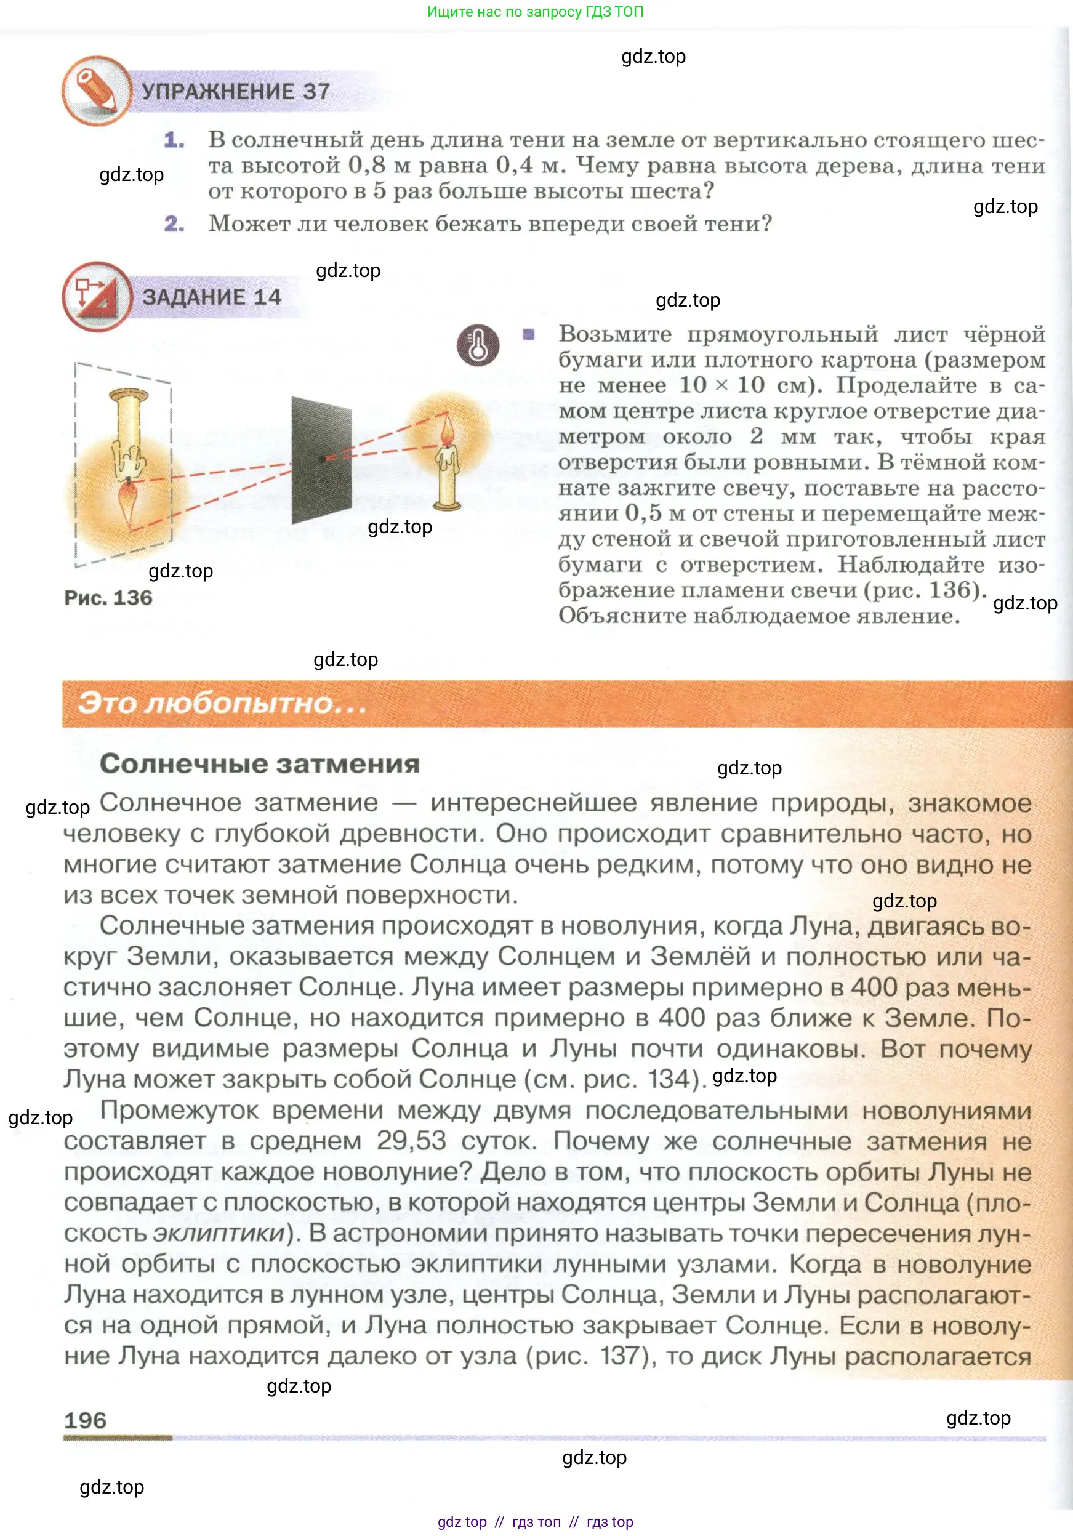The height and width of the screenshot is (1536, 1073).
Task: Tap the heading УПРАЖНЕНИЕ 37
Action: click(236, 92)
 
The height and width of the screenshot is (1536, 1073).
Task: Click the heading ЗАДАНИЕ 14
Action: click(211, 297)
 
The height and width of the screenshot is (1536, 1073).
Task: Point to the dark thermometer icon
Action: click(478, 345)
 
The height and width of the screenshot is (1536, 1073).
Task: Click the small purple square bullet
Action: click(528, 334)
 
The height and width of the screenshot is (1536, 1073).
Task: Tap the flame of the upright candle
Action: click(447, 431)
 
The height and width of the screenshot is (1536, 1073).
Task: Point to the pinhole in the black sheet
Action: click(324, 459)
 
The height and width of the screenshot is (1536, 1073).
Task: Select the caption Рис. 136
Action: click(108, 597)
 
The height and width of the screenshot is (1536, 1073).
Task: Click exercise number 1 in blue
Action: click(174, 140)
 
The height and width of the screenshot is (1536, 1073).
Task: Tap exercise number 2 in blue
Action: click(174, 223)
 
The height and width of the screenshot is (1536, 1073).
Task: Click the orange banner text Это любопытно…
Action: click(222, 703)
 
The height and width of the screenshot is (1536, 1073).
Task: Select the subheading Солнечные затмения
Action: click(260, 763)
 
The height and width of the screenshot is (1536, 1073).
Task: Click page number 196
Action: click(85, 1420)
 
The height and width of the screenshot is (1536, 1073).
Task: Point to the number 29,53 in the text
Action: click(411, 1141)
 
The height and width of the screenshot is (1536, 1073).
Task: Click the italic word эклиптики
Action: click(219, 1232)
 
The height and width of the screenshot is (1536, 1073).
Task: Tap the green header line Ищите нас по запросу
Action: click(535, 11)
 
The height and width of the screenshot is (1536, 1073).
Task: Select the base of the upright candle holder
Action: click(447, 505)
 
